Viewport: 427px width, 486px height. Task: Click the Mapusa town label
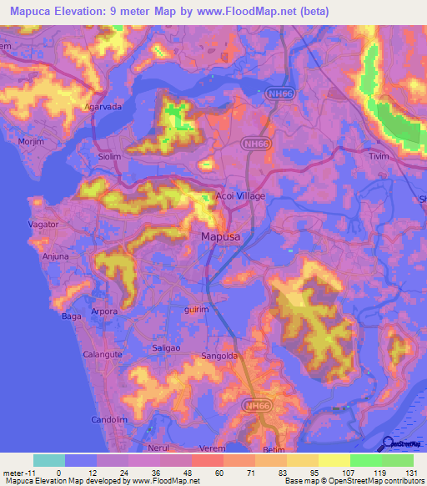tap(223, 237)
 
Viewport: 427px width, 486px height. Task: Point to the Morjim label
tap(32, 139)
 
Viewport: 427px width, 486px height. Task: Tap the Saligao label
tap(154, 346)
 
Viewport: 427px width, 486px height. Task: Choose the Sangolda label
tap(221, 357)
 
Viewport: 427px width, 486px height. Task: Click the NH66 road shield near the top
tap(279, 96)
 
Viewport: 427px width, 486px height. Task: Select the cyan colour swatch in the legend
tap(48, 460)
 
